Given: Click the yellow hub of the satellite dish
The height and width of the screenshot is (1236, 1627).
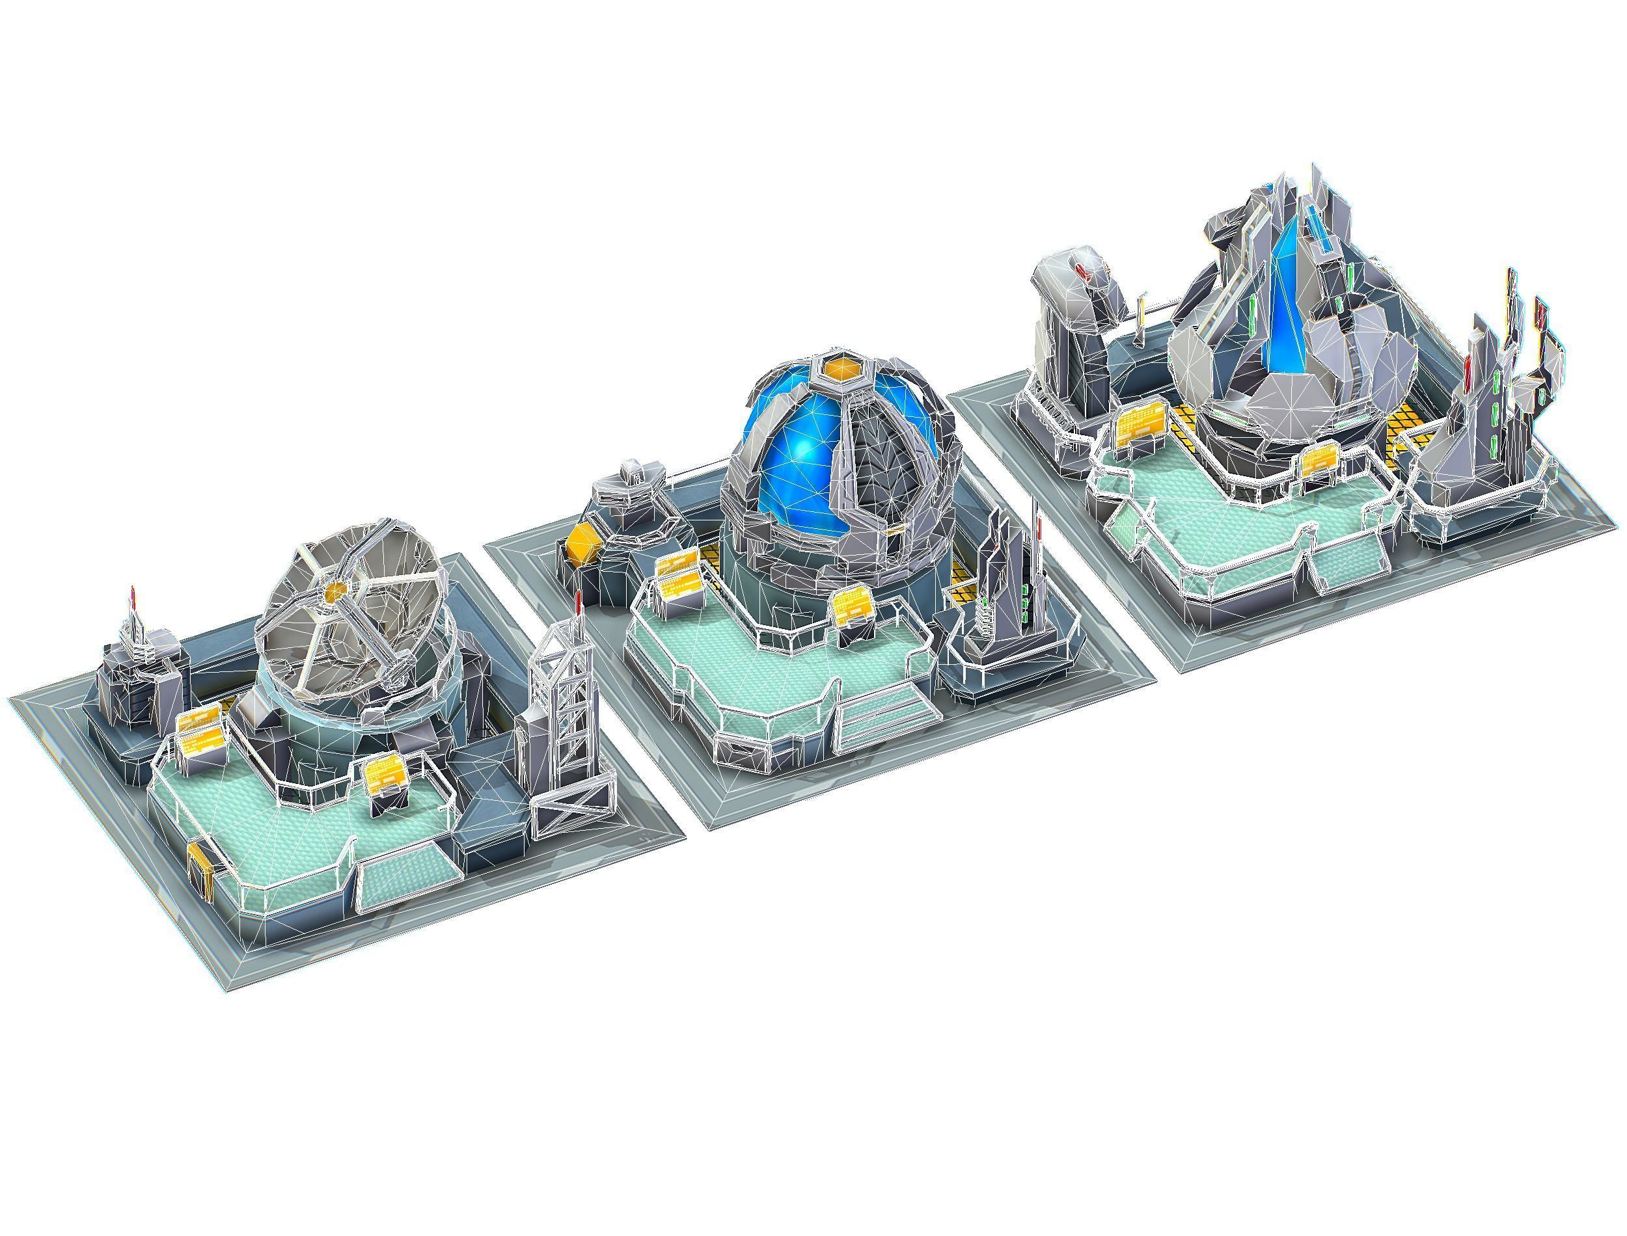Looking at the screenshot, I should (336, 590).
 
